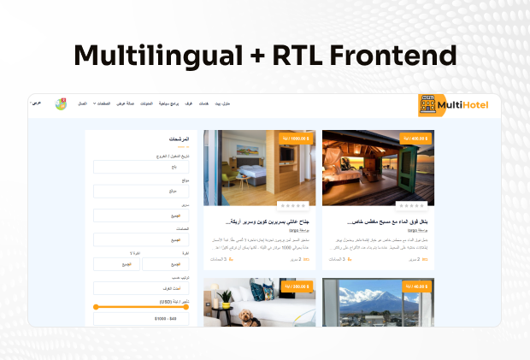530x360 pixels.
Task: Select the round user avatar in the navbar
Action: click(x=62, y=104)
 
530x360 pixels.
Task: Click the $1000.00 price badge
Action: click(x=297, y=138)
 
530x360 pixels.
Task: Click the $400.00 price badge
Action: click(x=415, y=138)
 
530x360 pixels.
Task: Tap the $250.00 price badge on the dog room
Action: click(x=297, y=286)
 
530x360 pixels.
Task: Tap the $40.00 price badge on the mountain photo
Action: click(x=415, y=286)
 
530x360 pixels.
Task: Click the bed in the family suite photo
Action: click(x=257, y=179)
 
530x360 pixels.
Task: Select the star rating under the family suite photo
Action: click(x=292, y=205)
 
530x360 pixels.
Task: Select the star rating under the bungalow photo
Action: click(x=411, y=205)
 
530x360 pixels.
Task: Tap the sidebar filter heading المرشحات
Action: click(x=180, y=139)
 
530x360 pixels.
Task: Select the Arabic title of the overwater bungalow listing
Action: click(x=386, y=221)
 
